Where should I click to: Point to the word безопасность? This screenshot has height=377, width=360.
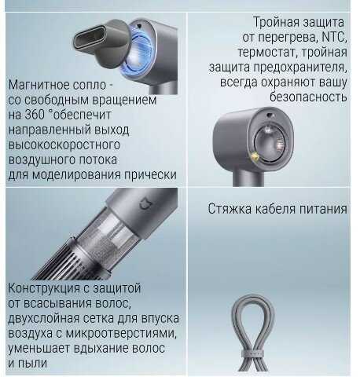308,97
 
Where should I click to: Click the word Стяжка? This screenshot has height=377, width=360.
230,209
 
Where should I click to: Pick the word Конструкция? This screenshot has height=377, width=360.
44,288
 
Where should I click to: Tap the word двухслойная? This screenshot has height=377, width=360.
43,319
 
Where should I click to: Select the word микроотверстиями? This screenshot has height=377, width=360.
121,334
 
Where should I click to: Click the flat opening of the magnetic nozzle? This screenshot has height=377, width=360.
90,38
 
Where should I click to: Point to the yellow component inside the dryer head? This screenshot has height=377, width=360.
255,157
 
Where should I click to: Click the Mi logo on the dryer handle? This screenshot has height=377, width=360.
145,204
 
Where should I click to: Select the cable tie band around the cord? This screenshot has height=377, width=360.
252,354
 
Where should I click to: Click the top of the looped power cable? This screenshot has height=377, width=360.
252,297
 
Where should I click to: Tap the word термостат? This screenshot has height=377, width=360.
267,52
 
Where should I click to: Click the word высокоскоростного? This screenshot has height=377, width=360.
64,145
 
